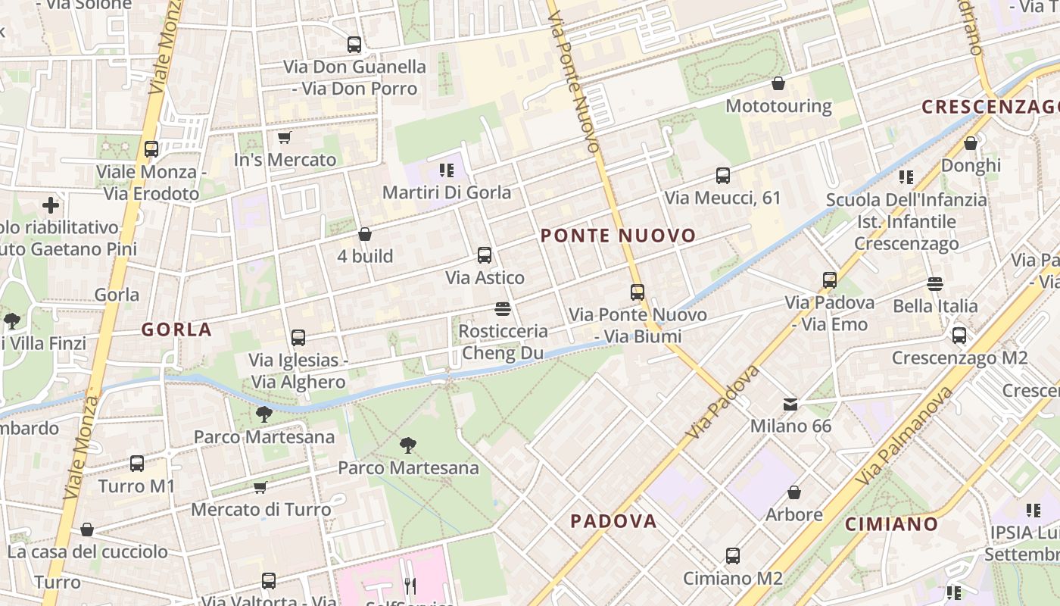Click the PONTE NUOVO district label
(618, 236)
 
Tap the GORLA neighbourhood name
(176, 330)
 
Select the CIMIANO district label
(891, 523)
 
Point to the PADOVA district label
(613, 521)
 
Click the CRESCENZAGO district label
(990, 107)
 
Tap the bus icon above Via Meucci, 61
(723, 176)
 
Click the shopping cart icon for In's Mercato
(284, 137)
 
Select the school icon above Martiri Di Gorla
(446, 170)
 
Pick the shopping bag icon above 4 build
(365, 234)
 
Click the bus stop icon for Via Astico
(485, 255)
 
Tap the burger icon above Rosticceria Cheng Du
(503, 308)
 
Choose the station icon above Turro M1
(137, 463)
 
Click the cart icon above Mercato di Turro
(260, 486)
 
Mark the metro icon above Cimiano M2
(733, 556)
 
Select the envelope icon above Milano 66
(790, 404)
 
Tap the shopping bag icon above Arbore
(794, 492)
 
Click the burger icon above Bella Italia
(935, 284)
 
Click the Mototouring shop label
(778, 106)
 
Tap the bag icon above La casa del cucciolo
(87, 529)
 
